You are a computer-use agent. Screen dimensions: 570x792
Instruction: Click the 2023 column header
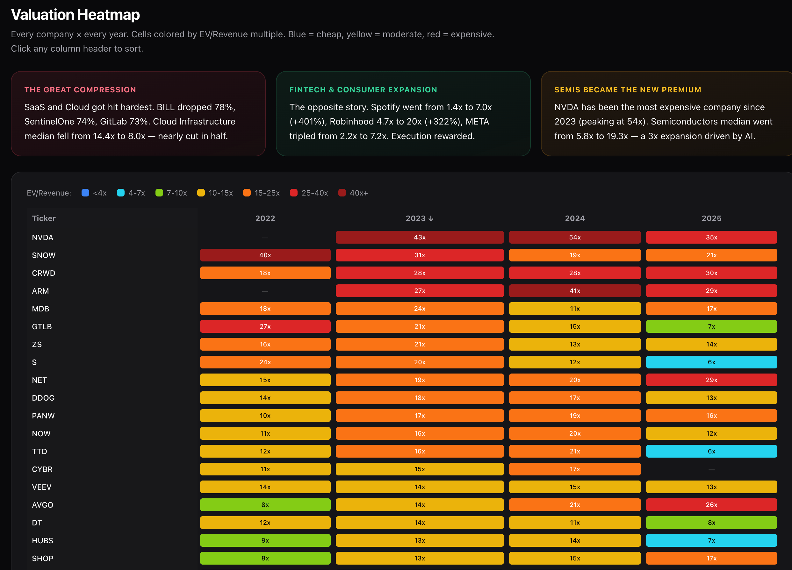[419, 218]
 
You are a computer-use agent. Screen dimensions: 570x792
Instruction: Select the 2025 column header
[711, 218]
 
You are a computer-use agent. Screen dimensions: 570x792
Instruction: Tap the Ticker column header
[44, 218]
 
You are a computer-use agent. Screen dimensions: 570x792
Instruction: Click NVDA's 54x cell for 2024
[574, 237]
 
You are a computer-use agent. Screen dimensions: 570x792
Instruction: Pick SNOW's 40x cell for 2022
[265, 255]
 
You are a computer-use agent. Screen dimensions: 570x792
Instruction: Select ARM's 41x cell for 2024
[574, 291]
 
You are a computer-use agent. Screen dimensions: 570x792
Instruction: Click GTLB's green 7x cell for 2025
[711, 326]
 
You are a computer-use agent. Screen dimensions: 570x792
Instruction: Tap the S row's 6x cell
[711, 362]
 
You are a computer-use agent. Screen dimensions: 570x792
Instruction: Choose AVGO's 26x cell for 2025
[711, 505]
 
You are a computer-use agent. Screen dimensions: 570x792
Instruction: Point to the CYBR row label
[42, 469]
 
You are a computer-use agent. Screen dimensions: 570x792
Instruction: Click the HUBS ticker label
[43, 540]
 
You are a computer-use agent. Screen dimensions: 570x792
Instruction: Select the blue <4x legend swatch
[85, 193]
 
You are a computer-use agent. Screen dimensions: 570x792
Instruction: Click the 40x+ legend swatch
[342, 193]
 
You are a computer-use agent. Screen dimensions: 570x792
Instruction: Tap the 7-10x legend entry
[171, 193]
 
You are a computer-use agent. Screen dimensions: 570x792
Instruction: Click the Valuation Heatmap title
[75, 15]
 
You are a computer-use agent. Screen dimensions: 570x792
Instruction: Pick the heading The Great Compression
[80, 90]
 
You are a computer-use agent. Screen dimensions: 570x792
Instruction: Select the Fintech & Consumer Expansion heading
[363, 90]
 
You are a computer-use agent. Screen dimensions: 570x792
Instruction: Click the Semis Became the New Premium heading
[628, 90]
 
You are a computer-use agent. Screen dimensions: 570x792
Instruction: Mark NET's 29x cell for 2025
[711, 380]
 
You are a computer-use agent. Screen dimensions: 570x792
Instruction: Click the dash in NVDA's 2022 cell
[265, 238]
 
